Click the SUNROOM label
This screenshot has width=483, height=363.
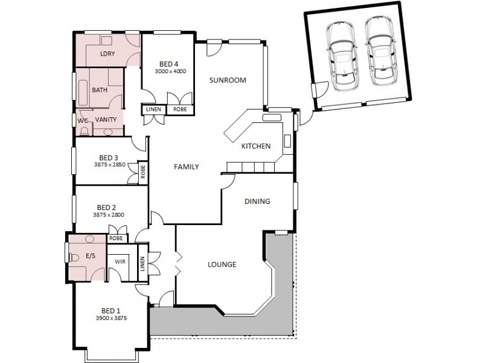pyautogui.click(x=228, y=80)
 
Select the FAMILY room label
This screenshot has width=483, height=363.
pyautogui.click(x=187, y=167)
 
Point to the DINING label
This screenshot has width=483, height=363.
pyautogui.click(x=257, y=201)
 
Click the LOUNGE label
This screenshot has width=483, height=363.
pyautogui.click(x=222, y=264)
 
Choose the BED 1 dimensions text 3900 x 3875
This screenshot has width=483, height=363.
pyautogui.click(x=111, y=318)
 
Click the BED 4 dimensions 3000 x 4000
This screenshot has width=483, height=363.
pyautogui.click(x=170, y=71)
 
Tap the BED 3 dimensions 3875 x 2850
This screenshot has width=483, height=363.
pyautogui.click(x=109, y=165)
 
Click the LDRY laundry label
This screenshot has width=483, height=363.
pyautogui.click(x=107, y=54)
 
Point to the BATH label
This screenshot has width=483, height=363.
pyautogui.click(x=100, y=90)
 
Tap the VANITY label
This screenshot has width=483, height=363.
pyautogui.click(x=106, y=120)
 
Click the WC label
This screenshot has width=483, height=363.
pyautogui.click(x=83, y=120)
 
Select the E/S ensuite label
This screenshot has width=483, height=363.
pyautogui.click(x=91, y=256)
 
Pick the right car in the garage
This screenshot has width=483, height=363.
pyautogui.click(x=379, y=51)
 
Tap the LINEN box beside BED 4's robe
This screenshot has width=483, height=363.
pyautogui.click(x=152, y=110)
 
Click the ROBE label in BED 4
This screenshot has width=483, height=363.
pyautogui.click(x=180, y=110)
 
